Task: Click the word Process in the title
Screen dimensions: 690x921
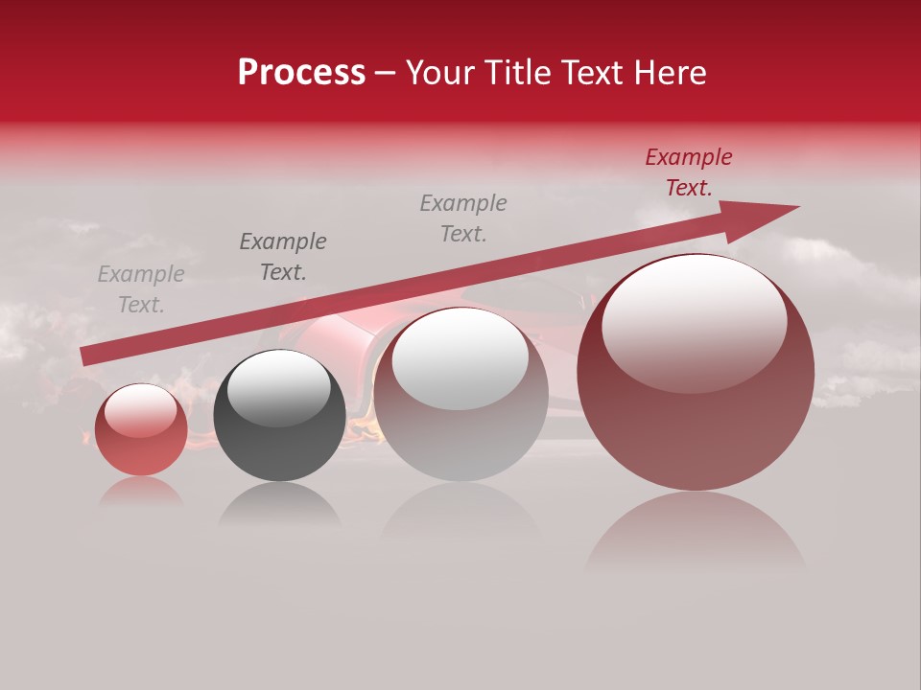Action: [x=301, y=73]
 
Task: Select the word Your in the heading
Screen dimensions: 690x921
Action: [x=440, y=73]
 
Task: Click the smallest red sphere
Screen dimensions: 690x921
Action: [x=141, y=429]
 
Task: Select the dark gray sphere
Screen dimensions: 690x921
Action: [x=279, y=416]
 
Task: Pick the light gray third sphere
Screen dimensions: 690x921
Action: [x=460, y=395]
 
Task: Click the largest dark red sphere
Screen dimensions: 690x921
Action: [x=696, y=372]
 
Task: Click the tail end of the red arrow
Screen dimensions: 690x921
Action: [x=84, y=356]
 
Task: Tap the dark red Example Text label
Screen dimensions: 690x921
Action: [x=688, y=172]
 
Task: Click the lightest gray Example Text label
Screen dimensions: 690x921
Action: [x=141, y=289]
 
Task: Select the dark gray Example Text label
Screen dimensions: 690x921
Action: [x=283, y=257]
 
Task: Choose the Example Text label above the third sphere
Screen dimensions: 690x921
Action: [x=463, y=218]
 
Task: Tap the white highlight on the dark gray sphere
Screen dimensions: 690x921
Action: [x=278, y=388]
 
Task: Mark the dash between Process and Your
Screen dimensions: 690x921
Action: [x=385, y=73]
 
